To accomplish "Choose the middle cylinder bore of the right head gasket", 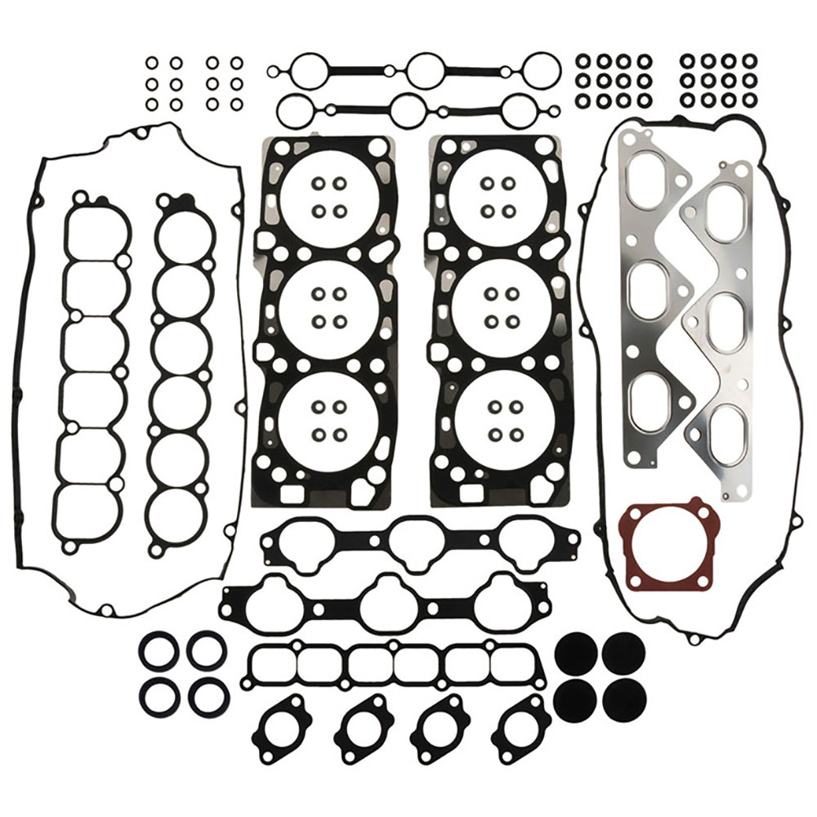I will pos(492,307).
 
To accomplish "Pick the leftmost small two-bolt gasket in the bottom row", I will pos(283,727).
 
